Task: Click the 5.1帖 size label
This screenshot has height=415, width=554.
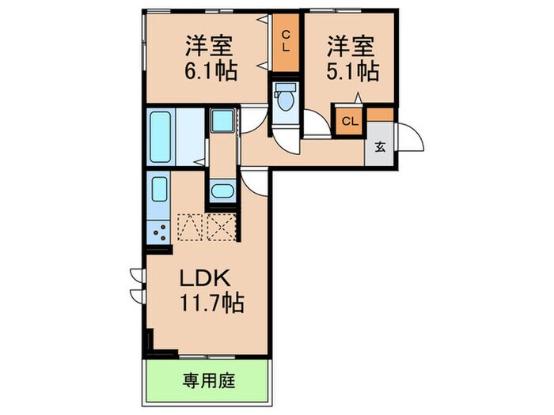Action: click(350, 70)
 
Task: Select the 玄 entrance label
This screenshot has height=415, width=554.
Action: click(379, 147)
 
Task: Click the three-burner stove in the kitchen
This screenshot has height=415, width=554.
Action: click(159, 231)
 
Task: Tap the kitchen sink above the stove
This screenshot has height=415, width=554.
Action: click(159, 192)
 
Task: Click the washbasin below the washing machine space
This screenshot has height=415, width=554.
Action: click(221, 191)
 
